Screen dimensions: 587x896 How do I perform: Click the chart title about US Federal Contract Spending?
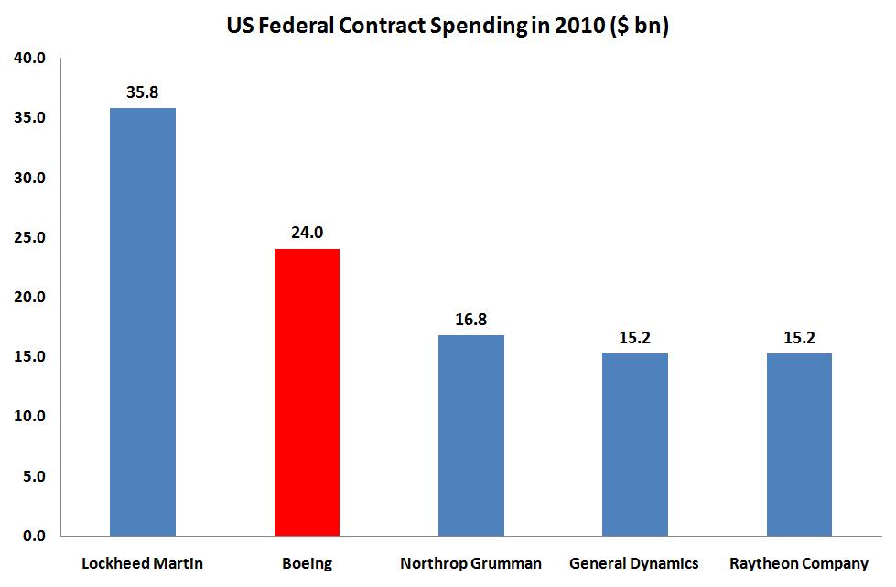[448, 27]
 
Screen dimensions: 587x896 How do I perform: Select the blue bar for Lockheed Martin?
[143, 321]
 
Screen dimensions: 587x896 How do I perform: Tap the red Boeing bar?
[307, 392]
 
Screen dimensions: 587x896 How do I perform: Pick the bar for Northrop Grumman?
[470, 435]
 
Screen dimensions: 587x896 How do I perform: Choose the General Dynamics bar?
[634, 444]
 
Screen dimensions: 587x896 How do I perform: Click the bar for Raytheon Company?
[799, 444]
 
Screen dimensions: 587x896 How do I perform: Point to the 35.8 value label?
[143, 92]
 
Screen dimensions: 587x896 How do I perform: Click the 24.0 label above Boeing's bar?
[307, 233]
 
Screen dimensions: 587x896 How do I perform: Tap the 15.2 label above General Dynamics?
[634, 338]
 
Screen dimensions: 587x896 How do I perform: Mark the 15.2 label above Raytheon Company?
[799, 338]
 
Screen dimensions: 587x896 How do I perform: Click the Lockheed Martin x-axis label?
[143, 563]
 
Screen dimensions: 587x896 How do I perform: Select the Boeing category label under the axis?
[307, 563]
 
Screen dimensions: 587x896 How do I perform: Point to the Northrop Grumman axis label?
[470, 563]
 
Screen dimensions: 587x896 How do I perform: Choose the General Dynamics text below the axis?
[634, 563]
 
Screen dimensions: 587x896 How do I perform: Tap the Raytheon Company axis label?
[799, 563]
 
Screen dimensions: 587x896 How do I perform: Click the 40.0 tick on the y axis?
[30, 59]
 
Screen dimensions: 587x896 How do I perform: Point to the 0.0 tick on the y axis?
[34, 536]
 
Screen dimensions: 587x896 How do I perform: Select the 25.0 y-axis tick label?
[30, 238]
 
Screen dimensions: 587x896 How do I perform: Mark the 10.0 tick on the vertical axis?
[30, 417]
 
